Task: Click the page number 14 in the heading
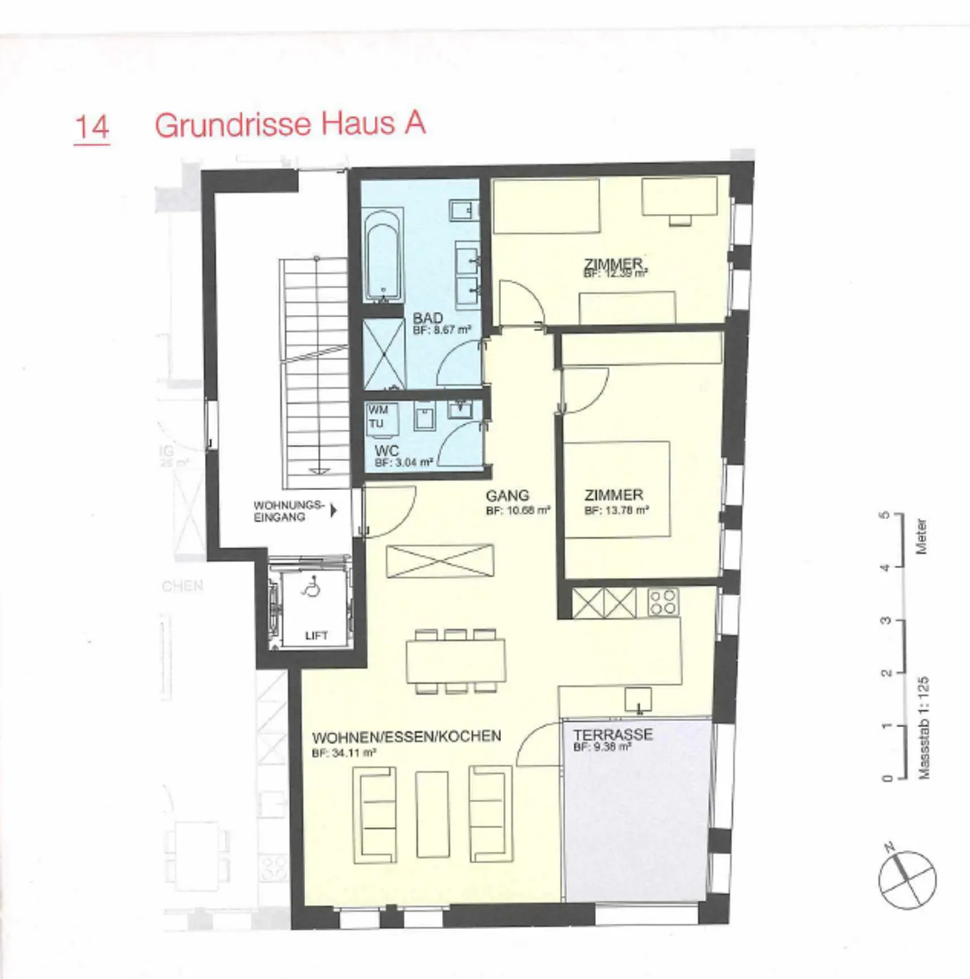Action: click(92, 127)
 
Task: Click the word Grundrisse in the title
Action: click(232, 125)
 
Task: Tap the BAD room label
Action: click(428, 318)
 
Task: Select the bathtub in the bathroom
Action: click(383, 255)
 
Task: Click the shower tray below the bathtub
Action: click(383, 355)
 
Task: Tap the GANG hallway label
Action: click(507, 496)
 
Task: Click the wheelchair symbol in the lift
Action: click(312, 590)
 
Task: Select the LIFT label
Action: click(316, 636)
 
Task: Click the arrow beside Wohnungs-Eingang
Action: click(333, 511)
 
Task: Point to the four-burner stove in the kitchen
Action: click(663, 602)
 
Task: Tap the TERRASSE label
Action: click(613, 734)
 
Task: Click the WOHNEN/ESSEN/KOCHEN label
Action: click(406, 737)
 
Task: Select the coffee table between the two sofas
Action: click(432, 814)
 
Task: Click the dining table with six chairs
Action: click(455, 661)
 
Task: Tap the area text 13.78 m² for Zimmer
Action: click(617, 511)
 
